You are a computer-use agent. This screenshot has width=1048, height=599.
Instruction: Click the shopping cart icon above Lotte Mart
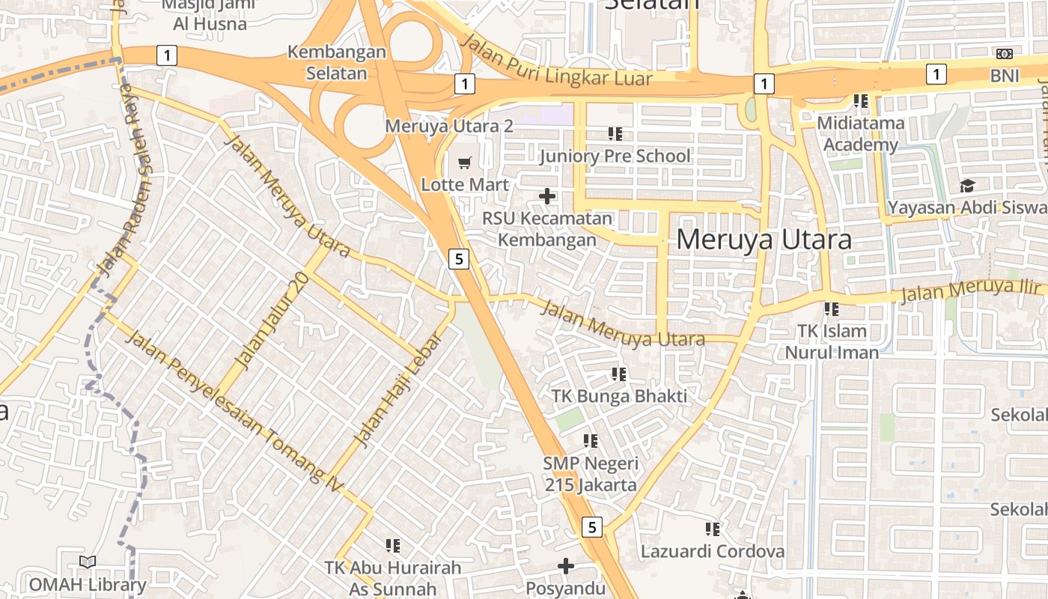pyautogui.click(x=465, y=162)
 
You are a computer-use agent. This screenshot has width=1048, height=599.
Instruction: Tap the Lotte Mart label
pyautogui.click(x=465, y=184)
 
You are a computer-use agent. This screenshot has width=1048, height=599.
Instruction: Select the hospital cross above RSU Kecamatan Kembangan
pyautogui.click(x=547, y=196)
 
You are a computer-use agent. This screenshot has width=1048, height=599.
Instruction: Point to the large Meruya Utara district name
pyautogui.click(x=764, y=240)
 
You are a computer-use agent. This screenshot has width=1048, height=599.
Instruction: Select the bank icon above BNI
pyautogui.click(x=1005, y=54)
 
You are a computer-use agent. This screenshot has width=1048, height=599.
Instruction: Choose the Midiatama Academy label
pyautogui.click(x=860, y=133)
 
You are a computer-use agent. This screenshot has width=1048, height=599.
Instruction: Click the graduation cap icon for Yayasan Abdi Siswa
pyautogui.click(x=968, y=186)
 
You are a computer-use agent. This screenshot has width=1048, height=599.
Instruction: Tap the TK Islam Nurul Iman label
pyautogui.click(x=832, y=341)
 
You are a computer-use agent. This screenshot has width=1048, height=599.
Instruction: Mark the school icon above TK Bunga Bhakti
pyautogui.click(x=618, y=374)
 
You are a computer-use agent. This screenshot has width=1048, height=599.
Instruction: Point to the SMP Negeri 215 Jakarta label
pyautogui.click(x=590, y=474)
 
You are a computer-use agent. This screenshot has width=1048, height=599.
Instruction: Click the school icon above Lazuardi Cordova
pyautogui.click(x=712, y=529)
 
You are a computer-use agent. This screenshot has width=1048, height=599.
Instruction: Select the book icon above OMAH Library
pyautogui.click(x=88, y=562)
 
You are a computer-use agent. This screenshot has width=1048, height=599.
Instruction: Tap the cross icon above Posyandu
pyautogui.click(x=566, y=565)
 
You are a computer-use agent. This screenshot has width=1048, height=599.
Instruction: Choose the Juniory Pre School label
pyautogui.click(x=615, y=156)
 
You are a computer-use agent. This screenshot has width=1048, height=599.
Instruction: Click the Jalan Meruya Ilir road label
pyautogui.click(x=970, y=290)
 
